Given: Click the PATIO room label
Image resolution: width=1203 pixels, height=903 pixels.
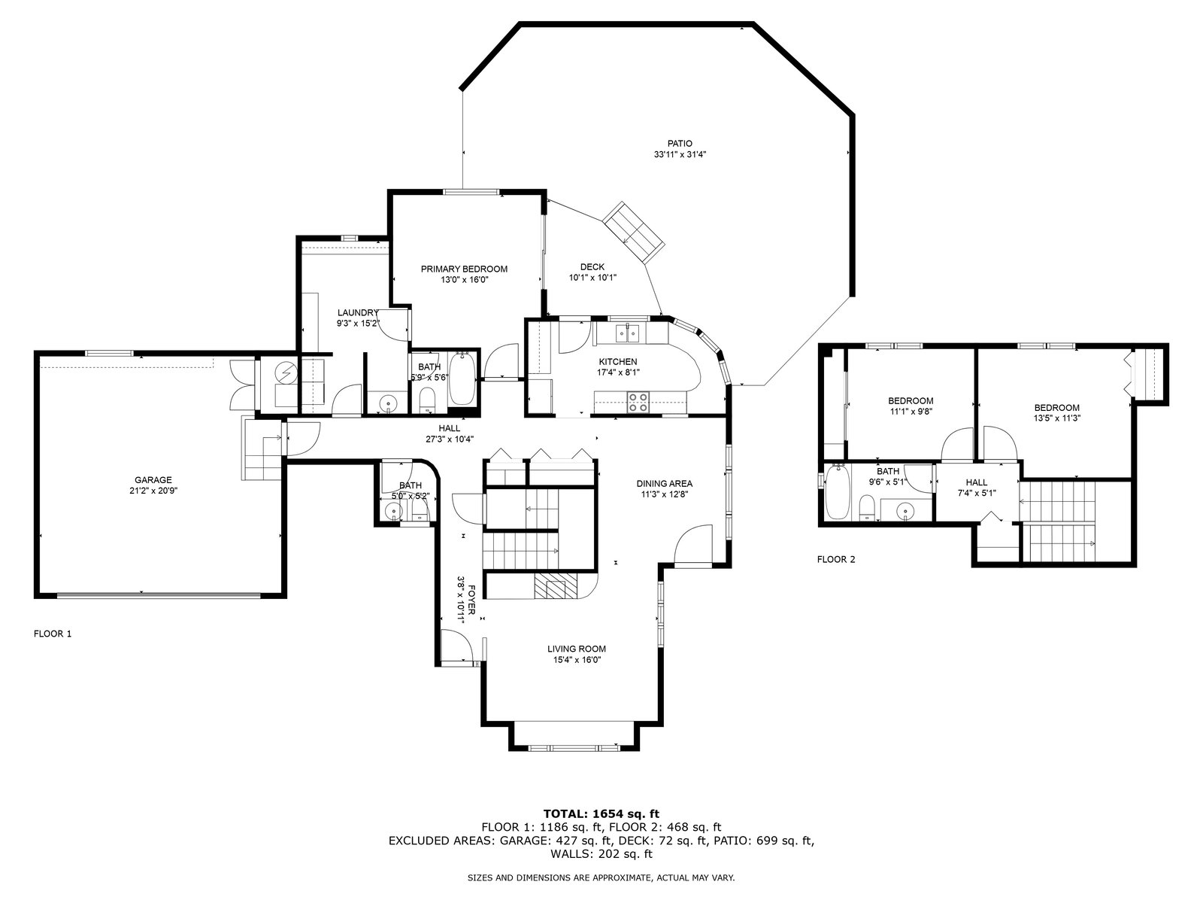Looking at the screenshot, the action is [680, 144].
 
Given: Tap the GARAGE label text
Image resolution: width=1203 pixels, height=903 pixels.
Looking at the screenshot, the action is [153, 480].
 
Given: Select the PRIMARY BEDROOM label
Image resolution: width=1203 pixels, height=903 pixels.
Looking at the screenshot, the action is [464, 269].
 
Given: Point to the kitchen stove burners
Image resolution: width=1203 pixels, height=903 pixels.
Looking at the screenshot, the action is [638, 402].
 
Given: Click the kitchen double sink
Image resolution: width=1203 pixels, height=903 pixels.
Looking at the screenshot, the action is [628, 333].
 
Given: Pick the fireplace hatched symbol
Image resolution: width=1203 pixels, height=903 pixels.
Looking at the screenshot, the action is [556, 586].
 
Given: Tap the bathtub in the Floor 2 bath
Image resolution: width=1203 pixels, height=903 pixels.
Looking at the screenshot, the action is [837, 492].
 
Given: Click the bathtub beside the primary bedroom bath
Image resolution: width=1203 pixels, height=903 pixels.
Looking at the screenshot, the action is [464, 379].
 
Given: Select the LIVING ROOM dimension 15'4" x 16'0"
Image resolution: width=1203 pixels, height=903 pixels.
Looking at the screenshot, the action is [577, 660].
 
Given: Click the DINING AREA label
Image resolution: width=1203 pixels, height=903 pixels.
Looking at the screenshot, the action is [664, 484].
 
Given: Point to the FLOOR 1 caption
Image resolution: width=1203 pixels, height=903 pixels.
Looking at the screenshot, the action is [53, 634].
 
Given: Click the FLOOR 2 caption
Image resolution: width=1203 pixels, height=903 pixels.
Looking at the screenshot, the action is [836, 559].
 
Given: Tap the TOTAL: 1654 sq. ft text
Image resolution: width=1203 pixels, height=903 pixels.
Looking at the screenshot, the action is [601, 813].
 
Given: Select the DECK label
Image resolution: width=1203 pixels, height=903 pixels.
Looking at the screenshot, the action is [592, 267].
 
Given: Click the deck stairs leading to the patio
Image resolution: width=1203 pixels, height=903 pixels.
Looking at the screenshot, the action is [634, 233].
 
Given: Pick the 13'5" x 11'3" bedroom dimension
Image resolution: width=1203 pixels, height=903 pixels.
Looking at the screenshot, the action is [1056, 418].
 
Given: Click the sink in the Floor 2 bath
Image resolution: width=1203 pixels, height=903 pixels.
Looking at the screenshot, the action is [905, 511].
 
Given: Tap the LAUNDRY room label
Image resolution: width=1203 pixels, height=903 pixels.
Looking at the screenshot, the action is [358, 312].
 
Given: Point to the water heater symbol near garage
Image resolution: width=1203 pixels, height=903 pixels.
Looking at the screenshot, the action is [286, 372].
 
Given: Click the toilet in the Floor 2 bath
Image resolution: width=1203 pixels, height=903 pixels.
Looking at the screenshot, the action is [866, 507].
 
